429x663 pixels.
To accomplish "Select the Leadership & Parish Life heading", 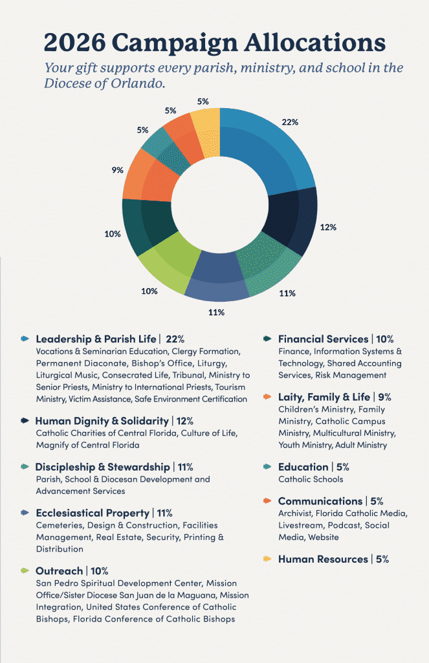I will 96,339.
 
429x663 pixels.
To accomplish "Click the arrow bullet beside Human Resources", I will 267,559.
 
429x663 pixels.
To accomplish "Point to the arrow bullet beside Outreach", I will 25,570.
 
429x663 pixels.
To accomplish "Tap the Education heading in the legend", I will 303,467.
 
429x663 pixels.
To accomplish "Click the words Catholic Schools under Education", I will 311,480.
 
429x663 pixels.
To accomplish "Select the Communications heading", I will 320,501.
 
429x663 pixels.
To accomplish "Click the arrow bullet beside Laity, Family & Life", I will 267,397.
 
